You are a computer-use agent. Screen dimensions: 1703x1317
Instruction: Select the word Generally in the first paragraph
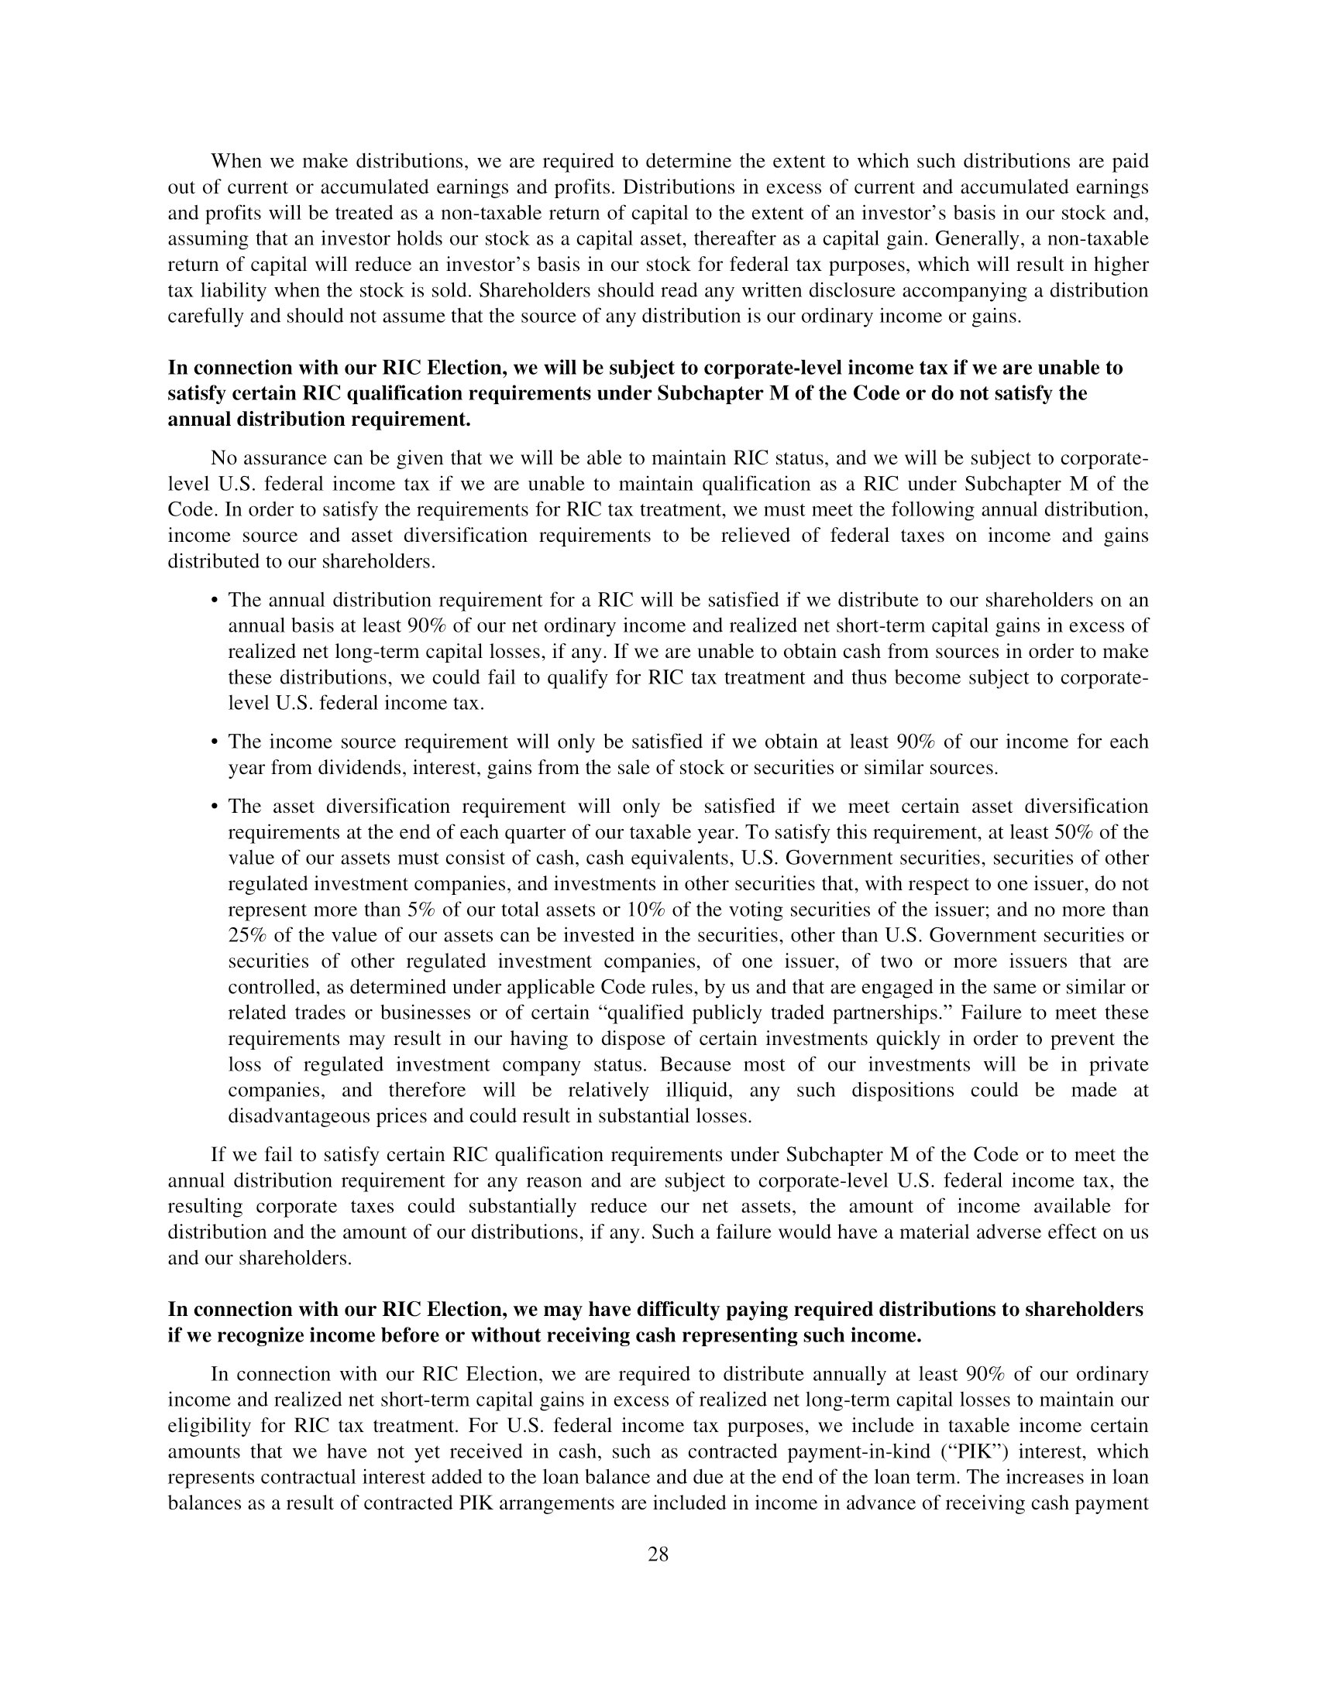pos(992,238)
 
